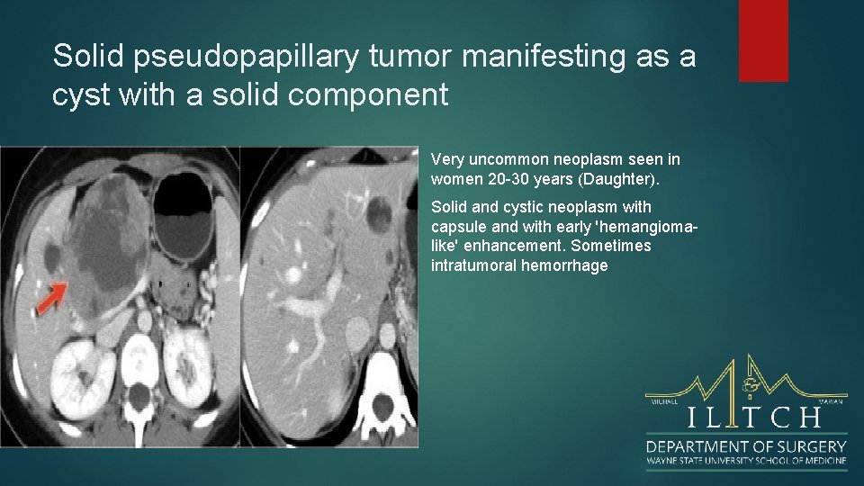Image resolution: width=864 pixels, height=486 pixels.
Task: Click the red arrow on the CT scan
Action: (x=51, y=297)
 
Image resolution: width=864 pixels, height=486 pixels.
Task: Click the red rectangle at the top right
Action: (x=763, y=40)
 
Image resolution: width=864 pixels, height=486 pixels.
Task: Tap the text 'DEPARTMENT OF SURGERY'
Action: (x=745, y=446)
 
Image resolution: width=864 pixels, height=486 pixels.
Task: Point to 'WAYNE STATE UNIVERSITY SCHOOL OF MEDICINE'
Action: (x=745, y=462)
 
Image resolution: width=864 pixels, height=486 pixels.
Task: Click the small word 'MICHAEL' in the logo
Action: (x=661, y=401)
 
